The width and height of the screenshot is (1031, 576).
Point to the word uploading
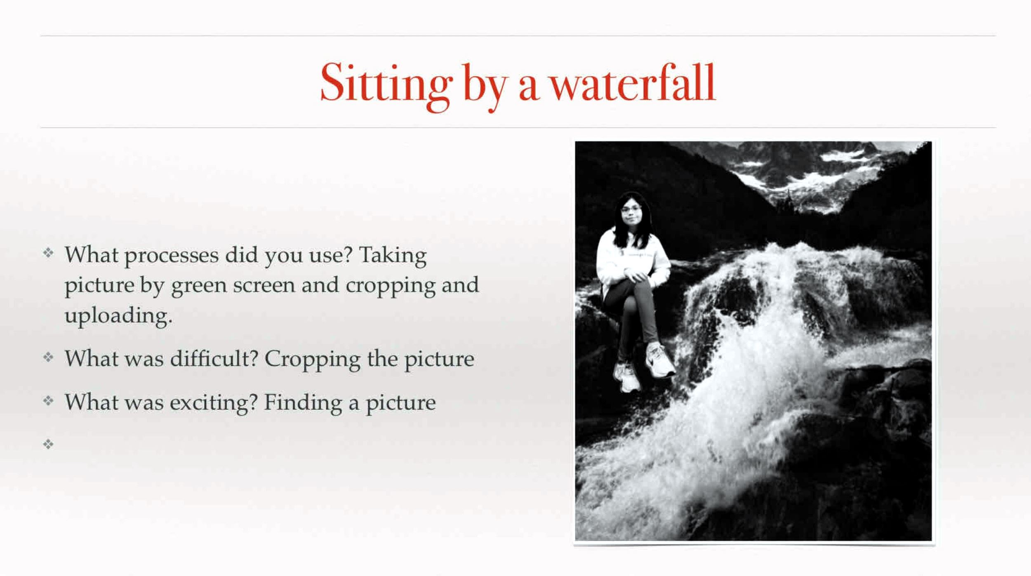(118, 317)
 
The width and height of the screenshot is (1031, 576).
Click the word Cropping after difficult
(312, 360)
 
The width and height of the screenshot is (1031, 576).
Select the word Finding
(303, 403)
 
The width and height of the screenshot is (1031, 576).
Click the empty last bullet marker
(48, 444)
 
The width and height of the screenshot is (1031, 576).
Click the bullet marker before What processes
(48, 252)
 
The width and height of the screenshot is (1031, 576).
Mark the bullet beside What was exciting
(48, 400)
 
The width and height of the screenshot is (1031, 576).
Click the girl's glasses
(631, 209)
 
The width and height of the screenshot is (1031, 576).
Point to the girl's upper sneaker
(660, 360)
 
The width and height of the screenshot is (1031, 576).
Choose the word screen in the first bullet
(264, 285)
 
